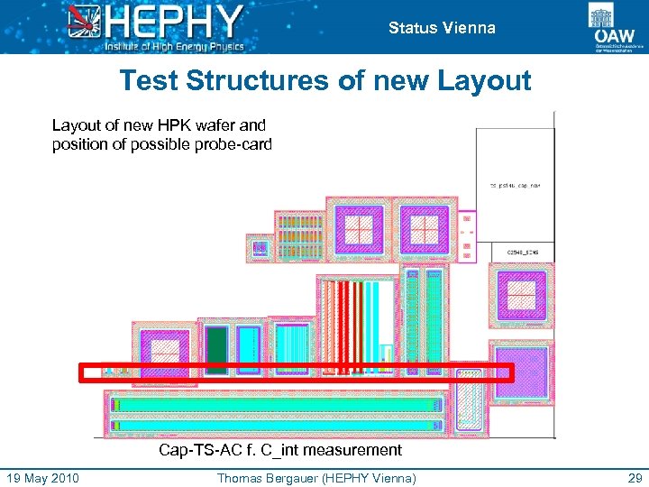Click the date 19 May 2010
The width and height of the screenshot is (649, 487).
42,478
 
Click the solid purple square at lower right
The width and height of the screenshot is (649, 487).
519,371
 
